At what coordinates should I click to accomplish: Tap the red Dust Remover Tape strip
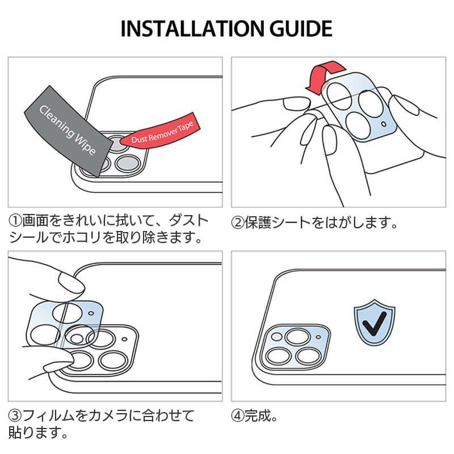click(x=162, y=134)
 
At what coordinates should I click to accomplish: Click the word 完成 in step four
click(x=259, y=416)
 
